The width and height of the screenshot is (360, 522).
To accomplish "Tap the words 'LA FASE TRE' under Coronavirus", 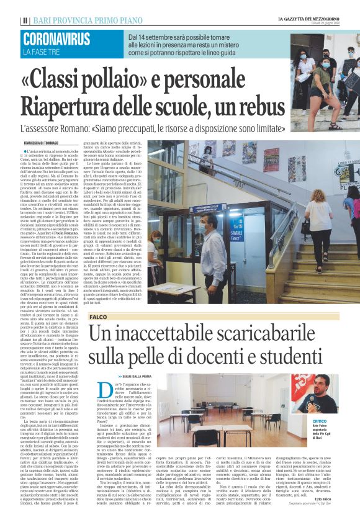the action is click(42, 52).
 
